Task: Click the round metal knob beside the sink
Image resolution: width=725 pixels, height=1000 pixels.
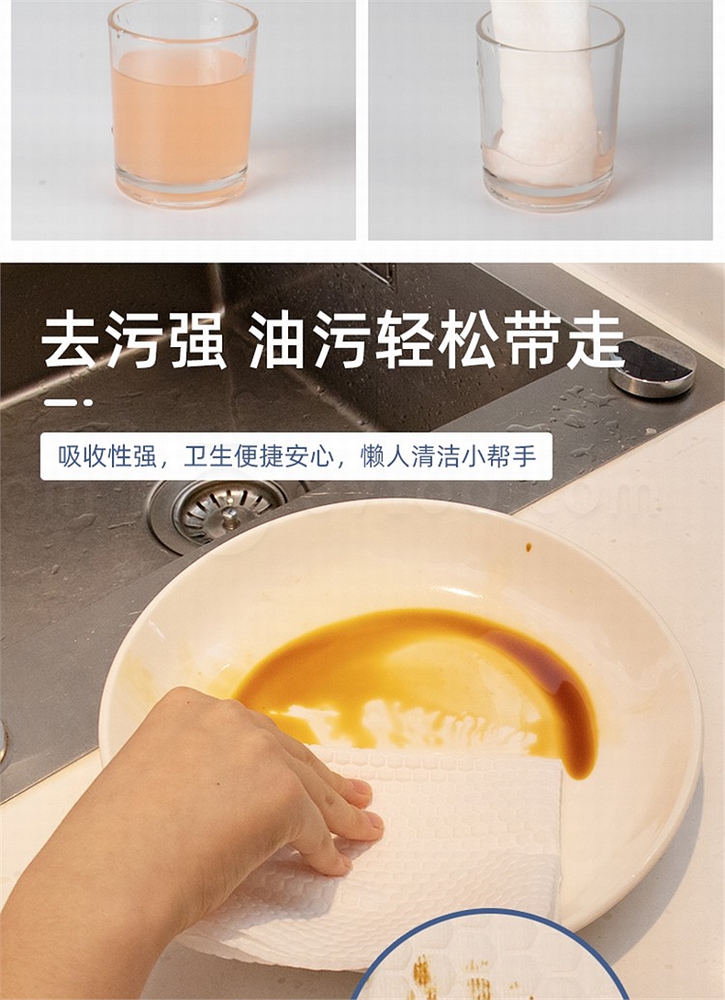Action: pos(652,365)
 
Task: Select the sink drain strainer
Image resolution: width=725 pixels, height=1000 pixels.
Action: pos(220,511)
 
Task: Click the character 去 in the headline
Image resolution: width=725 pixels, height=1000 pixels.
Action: pos(70,340)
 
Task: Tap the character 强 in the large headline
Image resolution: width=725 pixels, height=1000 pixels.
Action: pos(198,340)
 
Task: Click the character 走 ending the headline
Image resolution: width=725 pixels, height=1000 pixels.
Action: pos(595,340)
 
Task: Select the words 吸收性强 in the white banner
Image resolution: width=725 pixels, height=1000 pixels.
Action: pos(107,456)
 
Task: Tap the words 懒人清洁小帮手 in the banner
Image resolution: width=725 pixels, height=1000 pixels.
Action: pos(448,456)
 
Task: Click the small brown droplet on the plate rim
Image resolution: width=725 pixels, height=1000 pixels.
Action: pos(529,547)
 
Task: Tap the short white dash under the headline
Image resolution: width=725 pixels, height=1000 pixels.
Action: pos(68,402)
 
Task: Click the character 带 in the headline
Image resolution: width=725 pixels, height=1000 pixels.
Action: pos(530,340)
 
